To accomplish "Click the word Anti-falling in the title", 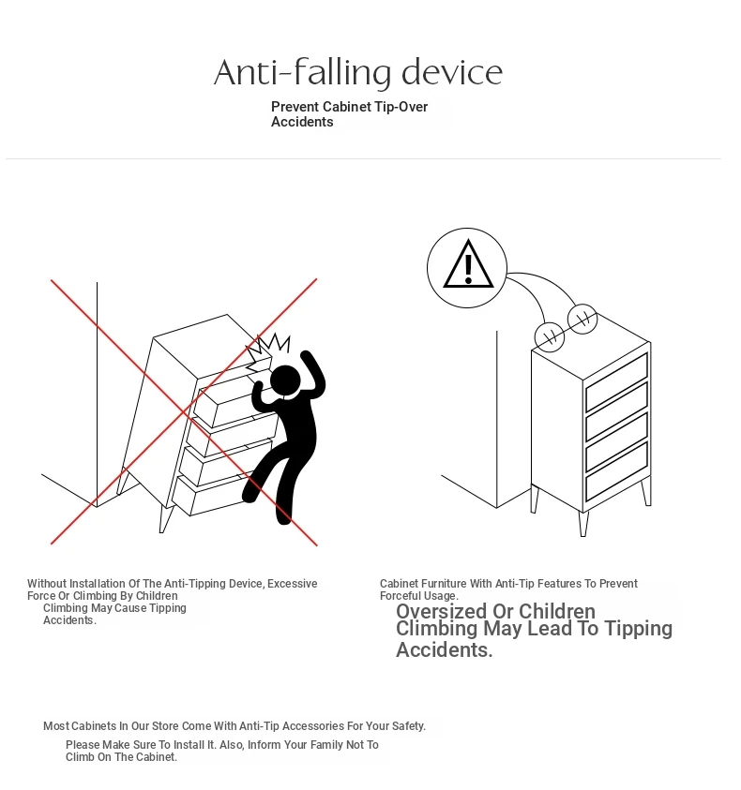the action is point(302,72).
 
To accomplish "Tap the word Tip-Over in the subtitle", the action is point(401,107).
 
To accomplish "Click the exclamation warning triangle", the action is point(468,264).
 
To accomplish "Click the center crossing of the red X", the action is point(184,411).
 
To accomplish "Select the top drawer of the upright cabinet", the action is point(616,382).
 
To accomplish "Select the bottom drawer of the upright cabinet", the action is point(616,472).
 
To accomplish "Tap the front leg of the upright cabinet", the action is point(583,524).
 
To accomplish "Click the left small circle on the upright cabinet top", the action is point(550,336).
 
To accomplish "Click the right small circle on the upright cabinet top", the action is point(582,319).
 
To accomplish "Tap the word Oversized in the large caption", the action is point(442,611).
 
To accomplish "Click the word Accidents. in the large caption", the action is point(445,650).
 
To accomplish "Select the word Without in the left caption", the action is point(47,584).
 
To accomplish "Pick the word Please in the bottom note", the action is point(83,745).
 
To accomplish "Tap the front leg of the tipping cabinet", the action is point(165,519).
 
